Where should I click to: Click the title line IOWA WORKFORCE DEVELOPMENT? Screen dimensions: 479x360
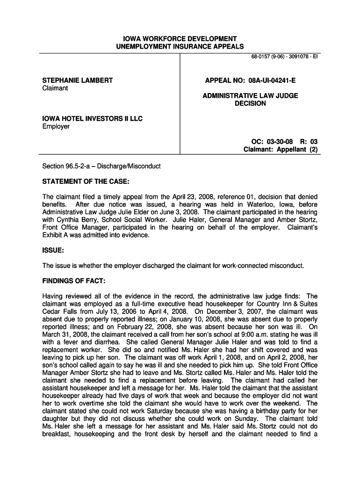coord(180,38)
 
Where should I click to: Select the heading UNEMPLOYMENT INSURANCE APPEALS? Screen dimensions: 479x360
coord(180,46)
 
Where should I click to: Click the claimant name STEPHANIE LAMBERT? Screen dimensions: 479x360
coord(78,80)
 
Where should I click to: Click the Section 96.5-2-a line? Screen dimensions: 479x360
coord(101,166)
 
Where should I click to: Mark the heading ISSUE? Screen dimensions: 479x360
coord(53,250)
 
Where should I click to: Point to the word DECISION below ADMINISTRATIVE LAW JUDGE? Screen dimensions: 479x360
coord(250,103)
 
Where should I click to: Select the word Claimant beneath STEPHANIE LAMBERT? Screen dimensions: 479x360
coord(55,88)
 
